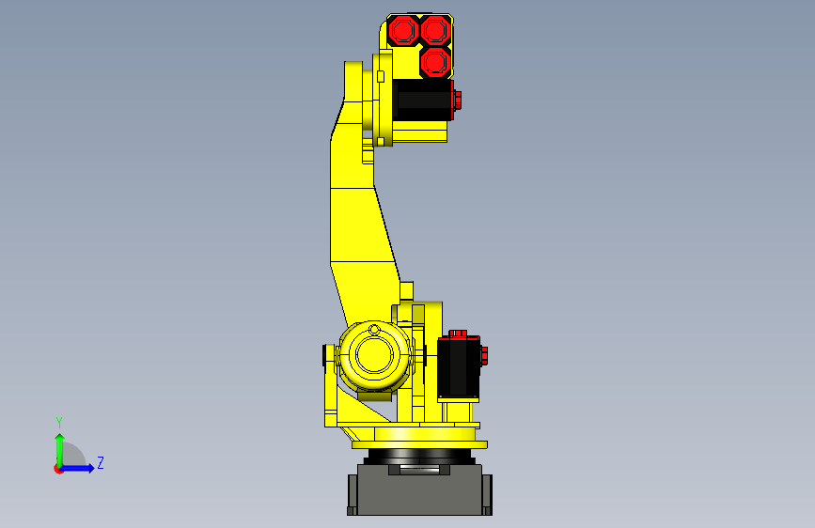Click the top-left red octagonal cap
point(403,30)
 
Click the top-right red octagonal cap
point(433,30)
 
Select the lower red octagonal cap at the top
point(433,63)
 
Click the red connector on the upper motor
point(457,100)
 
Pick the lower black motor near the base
point(459,369)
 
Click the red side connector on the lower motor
point(484,355)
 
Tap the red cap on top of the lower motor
point(460,334)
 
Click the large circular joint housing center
point(374,356)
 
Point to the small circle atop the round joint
point(374,330)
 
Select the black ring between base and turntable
point(419,456)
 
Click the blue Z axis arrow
point(81,467)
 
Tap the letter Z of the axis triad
point(100,462)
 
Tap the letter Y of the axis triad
point(58,423)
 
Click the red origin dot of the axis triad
point(59,468)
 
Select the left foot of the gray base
point(352,494)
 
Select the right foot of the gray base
point(488,494)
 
